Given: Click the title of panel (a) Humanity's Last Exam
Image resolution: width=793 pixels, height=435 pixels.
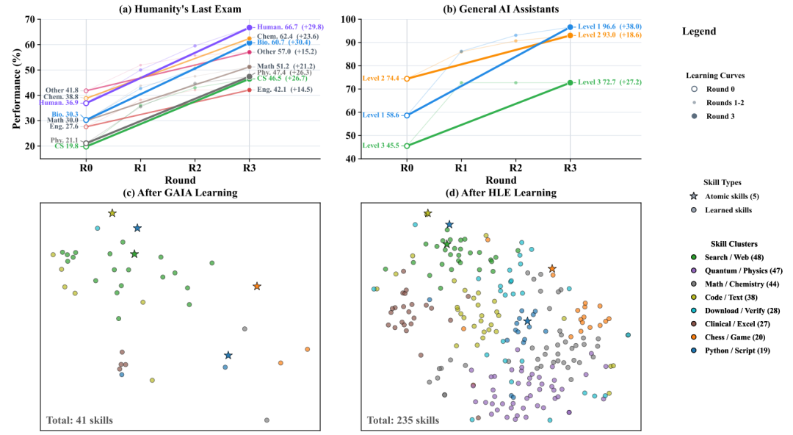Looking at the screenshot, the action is (x=180, y=9).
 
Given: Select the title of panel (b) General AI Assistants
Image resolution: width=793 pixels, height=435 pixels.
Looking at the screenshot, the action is (x=501, y=9).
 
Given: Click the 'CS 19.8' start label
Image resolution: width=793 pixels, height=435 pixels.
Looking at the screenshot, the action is (x=67, y=146).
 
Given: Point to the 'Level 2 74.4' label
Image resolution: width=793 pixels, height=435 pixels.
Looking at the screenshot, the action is (x=381, y=79).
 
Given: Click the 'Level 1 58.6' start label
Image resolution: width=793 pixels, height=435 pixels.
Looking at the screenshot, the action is (x=381, y=115).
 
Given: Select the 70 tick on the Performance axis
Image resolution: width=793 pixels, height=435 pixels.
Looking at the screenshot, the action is (x=30, y=19).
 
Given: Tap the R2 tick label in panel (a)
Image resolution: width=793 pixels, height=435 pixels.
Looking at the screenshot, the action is (x=195, y=168).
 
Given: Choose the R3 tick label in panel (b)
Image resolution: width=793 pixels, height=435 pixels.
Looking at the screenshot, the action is (x=570, y=168).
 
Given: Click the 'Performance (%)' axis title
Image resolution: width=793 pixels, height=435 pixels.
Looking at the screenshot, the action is (x=17, y=89).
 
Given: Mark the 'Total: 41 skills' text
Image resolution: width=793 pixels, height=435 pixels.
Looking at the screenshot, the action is (x=79, y=420).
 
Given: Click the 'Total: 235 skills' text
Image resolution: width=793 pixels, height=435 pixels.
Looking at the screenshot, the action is (x=403, y=420).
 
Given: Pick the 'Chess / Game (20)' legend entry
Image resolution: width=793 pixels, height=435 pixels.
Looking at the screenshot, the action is (x=735, y=337).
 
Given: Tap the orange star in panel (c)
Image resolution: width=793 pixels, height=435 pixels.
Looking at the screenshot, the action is (x=257, y=287).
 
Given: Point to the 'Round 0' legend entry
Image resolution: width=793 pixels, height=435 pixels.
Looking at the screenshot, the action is (x=720, y=89).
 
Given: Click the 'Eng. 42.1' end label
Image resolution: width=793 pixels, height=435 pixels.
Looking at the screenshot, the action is (x=272, y=90).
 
